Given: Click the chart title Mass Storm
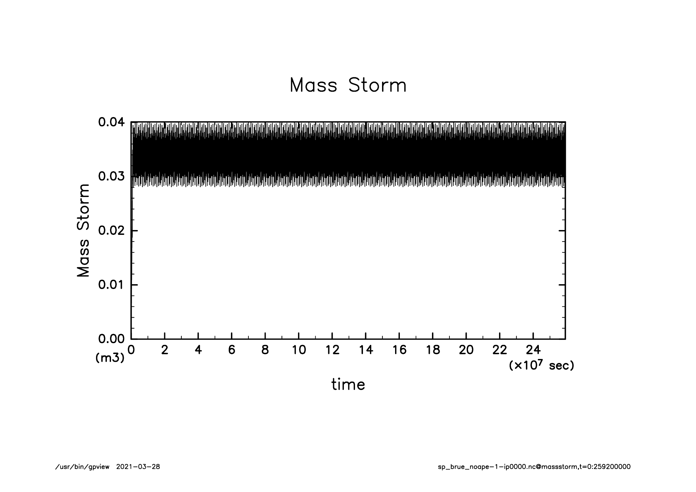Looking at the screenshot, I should (x=348, y=85).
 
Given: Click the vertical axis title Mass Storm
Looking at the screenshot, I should (x=83, y=230).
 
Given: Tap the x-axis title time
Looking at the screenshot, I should (x=348, y=384).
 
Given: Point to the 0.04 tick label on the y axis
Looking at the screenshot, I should (x=111, y=122).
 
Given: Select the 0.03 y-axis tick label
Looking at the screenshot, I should (x=111, y=176).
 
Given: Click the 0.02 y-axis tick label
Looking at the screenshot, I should (x=111, y=231).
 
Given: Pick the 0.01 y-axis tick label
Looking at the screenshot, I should (x=111, y=285).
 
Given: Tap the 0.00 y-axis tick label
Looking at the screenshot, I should (x=111, y=339).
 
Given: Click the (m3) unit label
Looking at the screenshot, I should (x=110, y=358).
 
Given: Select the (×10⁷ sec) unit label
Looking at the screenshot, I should (x=541, y=365).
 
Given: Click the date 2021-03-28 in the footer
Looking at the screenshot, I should (x=138, y=467).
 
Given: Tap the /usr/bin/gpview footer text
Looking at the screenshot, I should (x=82, y=467).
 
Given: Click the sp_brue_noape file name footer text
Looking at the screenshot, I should (x=534, y=467).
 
